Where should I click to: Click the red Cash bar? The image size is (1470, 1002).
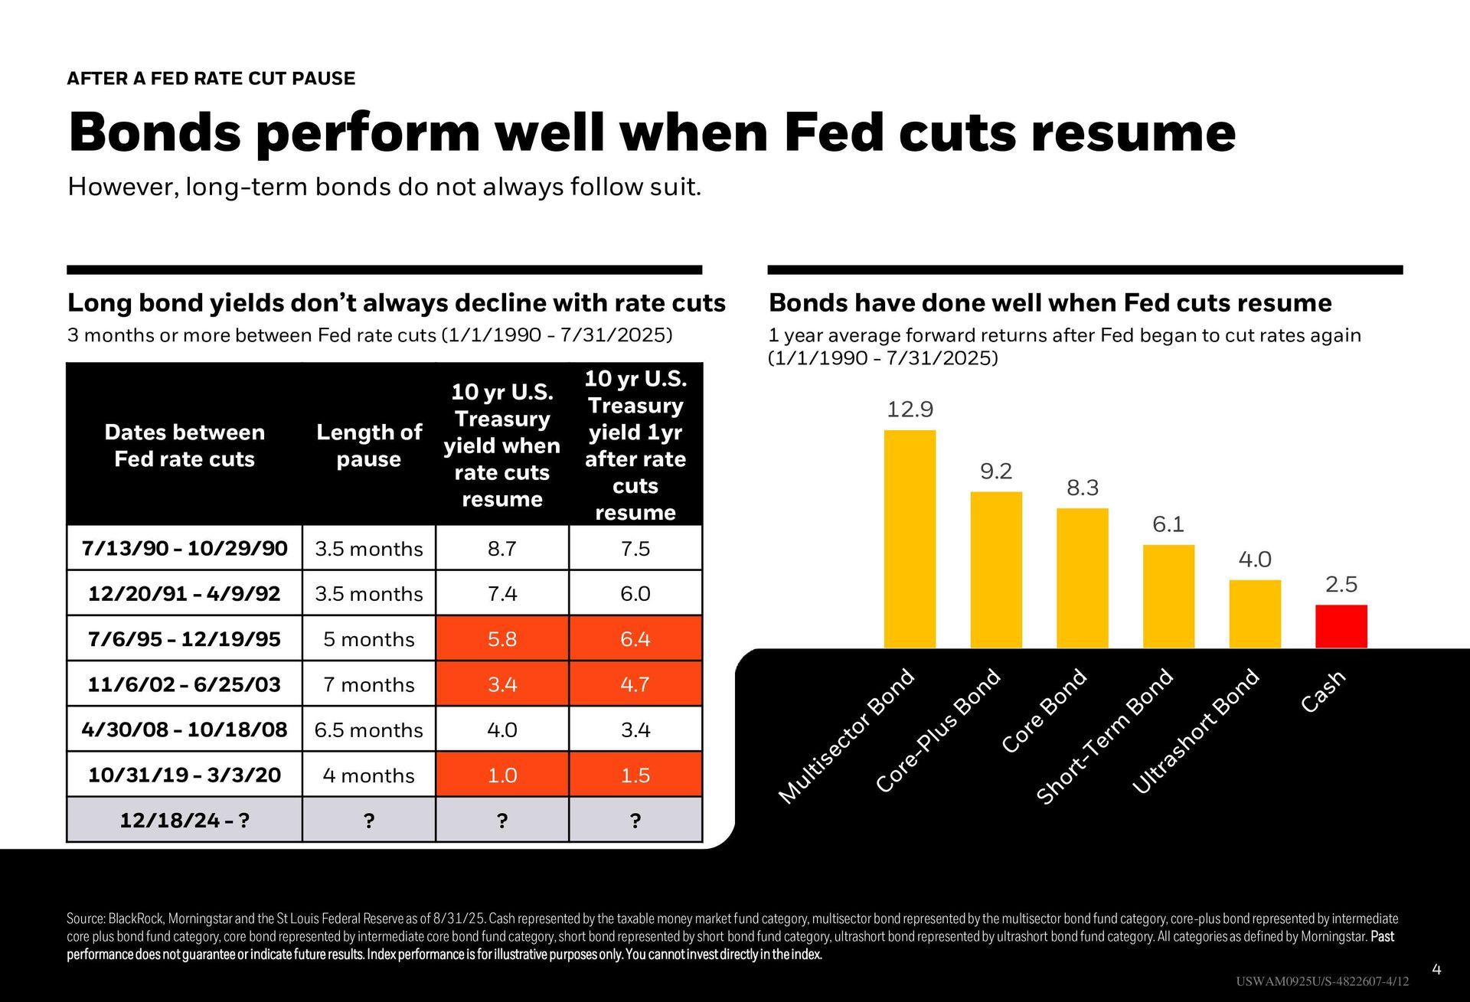click(x=1341, y=626)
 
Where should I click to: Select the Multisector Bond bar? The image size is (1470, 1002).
click(x=910, y=539)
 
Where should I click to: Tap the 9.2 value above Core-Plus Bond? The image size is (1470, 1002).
click(x=996, y=472)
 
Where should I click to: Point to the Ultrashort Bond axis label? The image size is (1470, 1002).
click(x=1195, y=731)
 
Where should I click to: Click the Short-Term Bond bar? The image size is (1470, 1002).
click(x=1168, y=596)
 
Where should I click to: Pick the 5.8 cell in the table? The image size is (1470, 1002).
click(x=502, y=638)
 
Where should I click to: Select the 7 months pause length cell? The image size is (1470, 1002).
click(x=369, y=684)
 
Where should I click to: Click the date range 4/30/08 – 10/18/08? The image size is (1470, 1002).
click(x=185, y=729)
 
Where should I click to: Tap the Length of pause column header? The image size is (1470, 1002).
click(x=369, y=446)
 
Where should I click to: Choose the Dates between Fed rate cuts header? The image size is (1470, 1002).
click(x=185, y=446)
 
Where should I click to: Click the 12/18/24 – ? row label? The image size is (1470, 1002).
click(x=185, y=820)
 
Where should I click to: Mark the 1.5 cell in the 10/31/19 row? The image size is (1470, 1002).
click(x=635, y=775)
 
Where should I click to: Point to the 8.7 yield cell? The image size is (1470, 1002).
click(x=502, y=548)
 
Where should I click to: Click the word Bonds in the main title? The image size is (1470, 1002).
click(x=155, y=132)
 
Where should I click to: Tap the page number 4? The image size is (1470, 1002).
click(x=1436, y=970)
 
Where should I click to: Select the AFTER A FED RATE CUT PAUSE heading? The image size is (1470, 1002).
click(x=211, y=78)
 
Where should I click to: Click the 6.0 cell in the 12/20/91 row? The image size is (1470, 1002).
click(x=635, y=593)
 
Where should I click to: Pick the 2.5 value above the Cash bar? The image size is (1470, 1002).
click(x=1341, y=585)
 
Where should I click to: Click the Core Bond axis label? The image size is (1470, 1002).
click(x=1045, y=710)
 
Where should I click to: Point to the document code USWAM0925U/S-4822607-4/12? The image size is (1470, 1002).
click(x=1321, y=982)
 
